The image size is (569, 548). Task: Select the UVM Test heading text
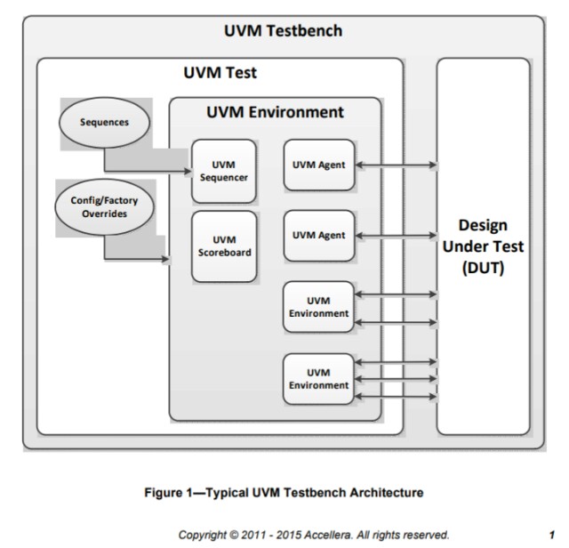coord(220,73)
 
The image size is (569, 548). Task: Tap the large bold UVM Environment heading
coord(275,112)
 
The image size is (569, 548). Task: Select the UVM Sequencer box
coord(224,170)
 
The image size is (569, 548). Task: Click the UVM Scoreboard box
coord(224,246)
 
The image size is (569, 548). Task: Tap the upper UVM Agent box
coord(318,164)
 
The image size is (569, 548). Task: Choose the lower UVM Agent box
coord(318,235)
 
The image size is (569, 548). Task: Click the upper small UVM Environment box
coord(318,307)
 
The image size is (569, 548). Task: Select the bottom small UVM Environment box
coord(318,378)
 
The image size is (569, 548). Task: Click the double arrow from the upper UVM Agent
coord(395,164)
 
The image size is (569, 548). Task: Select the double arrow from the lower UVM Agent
coord(395,235)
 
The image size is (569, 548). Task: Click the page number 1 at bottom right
coord(552,535)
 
